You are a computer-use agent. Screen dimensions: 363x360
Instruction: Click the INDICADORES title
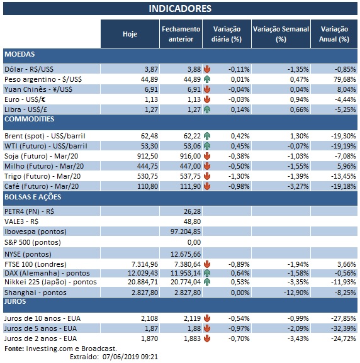click(x=179, y=9)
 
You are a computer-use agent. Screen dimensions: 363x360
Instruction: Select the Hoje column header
click(x=130, y=34)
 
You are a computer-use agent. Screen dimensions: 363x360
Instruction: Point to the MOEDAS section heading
click(x=20, y=55)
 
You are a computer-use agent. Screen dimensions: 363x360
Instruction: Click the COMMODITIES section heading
click(x=29, y=119)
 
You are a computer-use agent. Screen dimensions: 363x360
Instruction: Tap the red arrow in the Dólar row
click(x=207, y=69)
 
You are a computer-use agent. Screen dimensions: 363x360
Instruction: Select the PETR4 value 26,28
click(x=191, y=211)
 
